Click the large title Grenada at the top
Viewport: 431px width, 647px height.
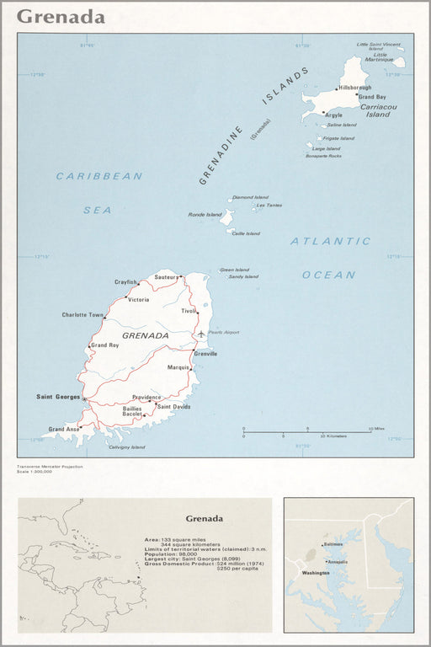click(x=61, y=17)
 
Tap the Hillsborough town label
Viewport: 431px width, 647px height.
click(x=354, y=88)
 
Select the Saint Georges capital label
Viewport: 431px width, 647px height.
click(x=58, y=396)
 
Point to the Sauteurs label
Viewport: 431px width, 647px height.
click(x=167, y=277)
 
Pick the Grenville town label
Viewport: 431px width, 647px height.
click(x=205, y=354)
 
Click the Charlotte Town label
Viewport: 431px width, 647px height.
click(x=82, y=315)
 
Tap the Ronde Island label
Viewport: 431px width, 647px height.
click(x=204, y=214)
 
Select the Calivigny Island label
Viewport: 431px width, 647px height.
click(x=127, y=446)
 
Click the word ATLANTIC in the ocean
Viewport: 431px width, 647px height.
click(x=330, y=241)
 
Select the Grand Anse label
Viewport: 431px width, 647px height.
click(x=64, y=429)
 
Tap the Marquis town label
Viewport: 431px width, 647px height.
click(x=178, y=367)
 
